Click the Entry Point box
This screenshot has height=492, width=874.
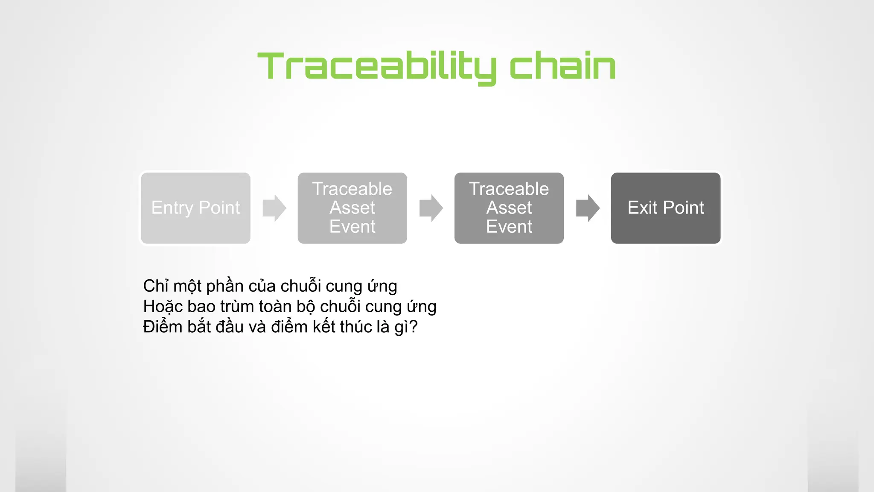195,208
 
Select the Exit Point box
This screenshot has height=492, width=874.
666,208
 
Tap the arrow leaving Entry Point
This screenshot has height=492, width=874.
274,208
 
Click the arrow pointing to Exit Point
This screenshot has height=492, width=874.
588,208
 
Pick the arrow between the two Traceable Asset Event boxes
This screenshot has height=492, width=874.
431,208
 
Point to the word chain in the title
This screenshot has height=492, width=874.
562,66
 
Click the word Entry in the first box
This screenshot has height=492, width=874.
172,208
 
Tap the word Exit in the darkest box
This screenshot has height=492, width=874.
642,208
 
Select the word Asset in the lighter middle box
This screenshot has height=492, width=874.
352,208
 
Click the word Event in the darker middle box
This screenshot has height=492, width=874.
509,226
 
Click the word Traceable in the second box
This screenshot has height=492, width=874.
352,189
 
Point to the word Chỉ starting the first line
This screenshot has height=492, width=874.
156,286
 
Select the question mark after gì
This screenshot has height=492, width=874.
413,327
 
